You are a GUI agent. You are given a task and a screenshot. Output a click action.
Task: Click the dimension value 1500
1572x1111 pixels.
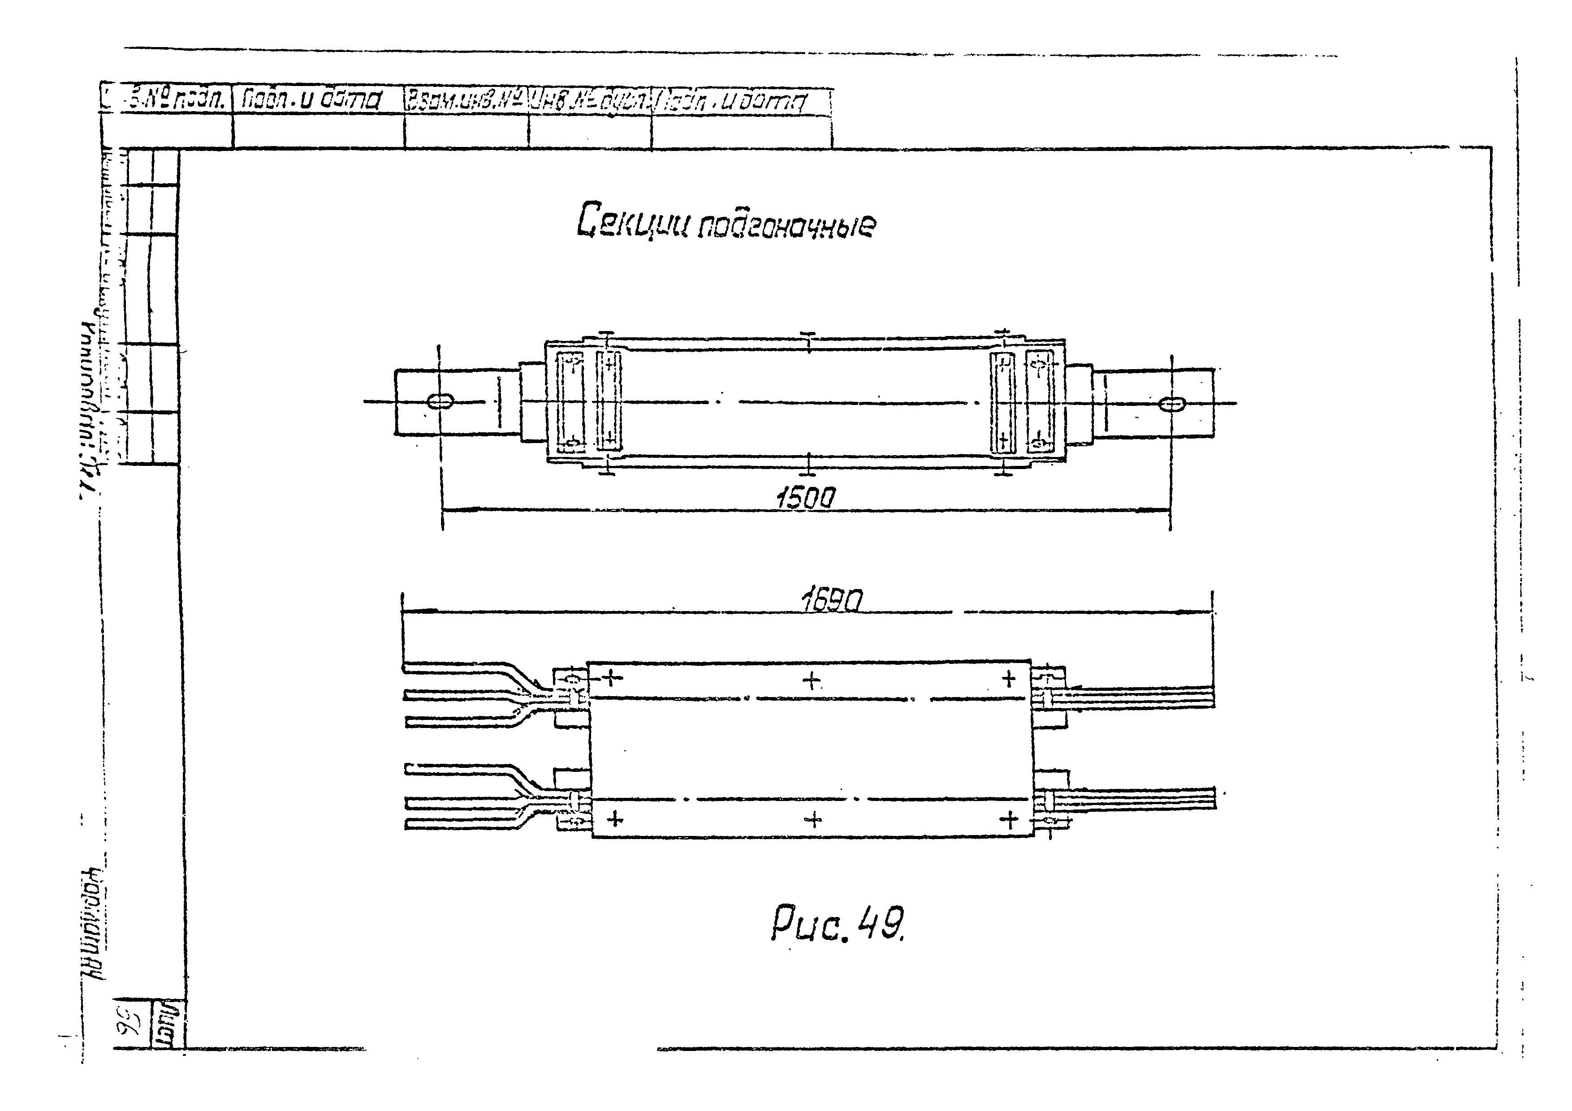(805, 498)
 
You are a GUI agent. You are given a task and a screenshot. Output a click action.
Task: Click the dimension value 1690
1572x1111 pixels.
(831, 601)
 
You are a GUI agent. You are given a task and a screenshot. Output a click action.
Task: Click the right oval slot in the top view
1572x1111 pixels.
(1173, 404)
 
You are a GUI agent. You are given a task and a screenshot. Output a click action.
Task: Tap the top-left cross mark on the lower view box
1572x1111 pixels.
(612, 678)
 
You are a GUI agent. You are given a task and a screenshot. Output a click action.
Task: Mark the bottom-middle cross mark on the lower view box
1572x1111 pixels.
(813, 819)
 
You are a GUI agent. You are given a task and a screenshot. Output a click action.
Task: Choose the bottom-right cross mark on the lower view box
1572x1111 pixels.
(1009, 819)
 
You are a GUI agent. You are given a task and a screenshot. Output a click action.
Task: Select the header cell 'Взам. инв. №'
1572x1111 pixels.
(466, 101)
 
